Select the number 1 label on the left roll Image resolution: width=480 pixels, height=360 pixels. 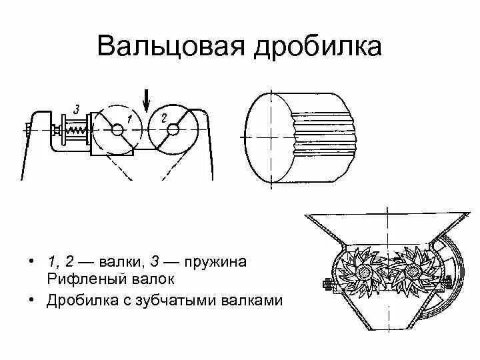[130, 117]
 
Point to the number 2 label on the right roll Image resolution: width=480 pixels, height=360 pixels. [164, 117]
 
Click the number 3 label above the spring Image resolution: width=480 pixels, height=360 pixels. [77, 109]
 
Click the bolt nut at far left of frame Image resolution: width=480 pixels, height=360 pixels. [29, 129]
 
